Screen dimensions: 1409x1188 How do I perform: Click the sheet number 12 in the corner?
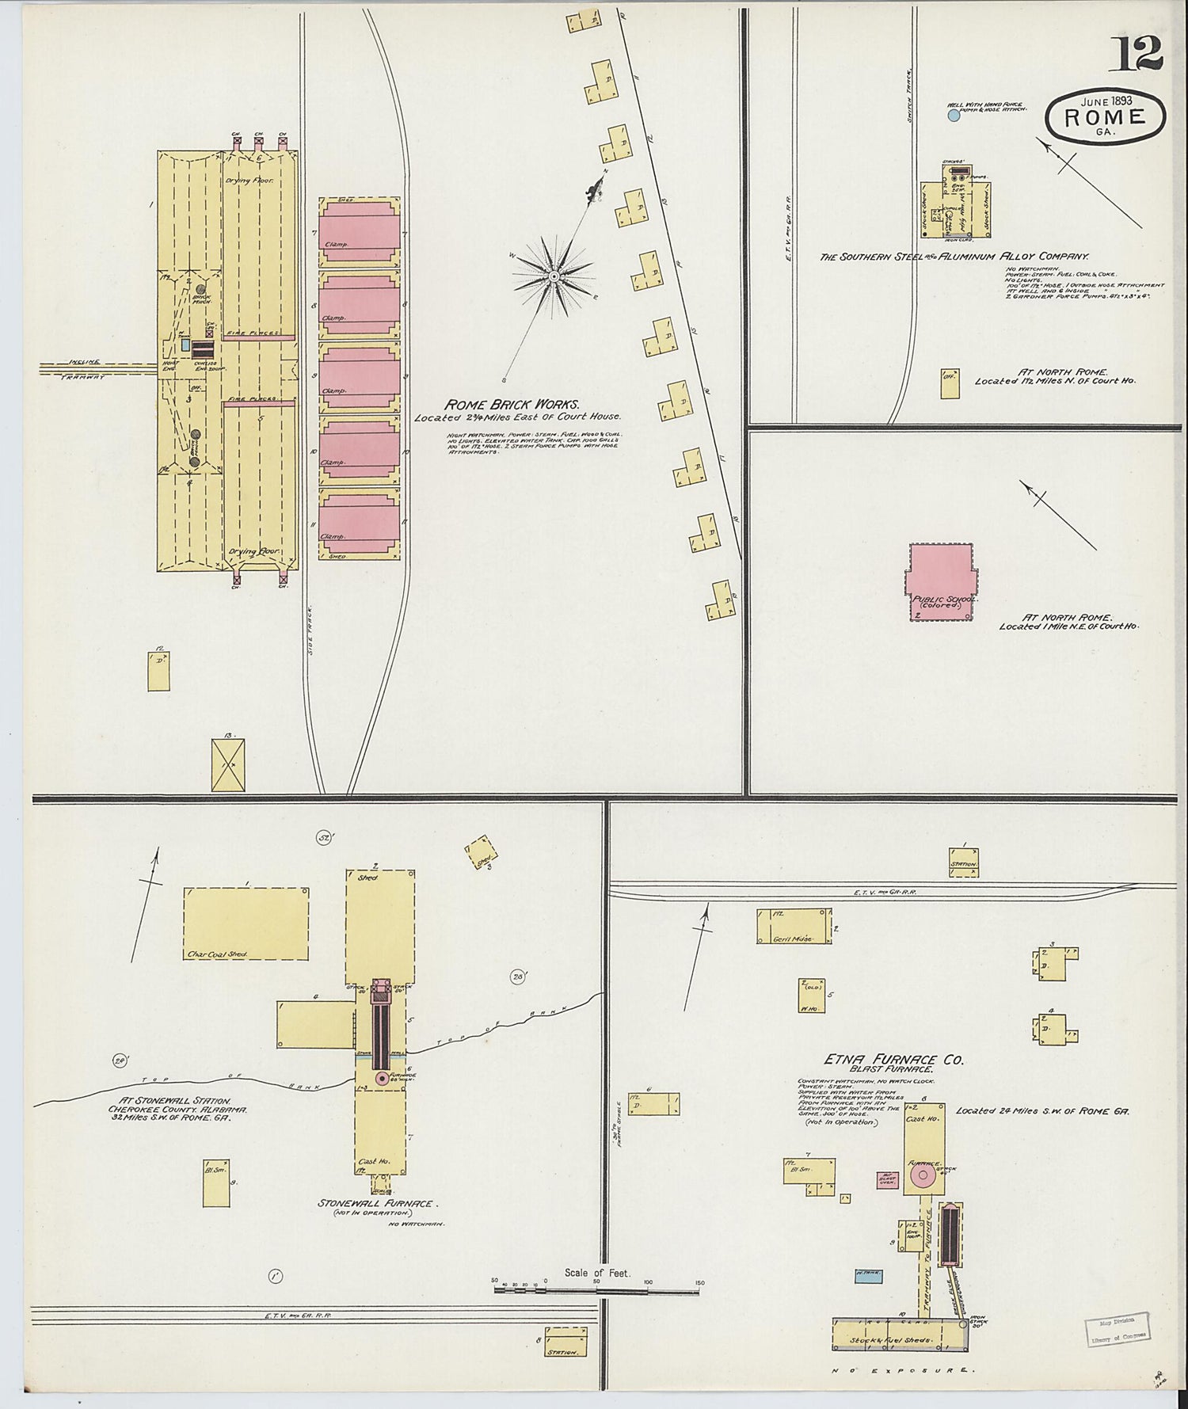(1140, 54)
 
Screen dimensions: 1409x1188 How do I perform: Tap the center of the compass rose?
(554, 276)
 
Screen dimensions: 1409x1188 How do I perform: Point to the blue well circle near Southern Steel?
(954, 116)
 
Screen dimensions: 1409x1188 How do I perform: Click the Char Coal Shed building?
(246, 923)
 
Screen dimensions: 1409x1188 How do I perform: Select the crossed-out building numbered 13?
(228, 764)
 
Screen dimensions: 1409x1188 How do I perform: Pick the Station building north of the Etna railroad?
(965, 863)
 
